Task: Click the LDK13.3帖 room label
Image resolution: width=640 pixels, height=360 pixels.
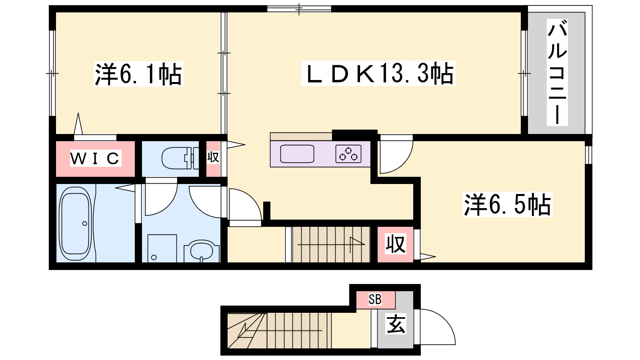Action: click(x=378, y=74)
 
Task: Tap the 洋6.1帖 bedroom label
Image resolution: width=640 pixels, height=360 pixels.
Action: click(x=138, y=74)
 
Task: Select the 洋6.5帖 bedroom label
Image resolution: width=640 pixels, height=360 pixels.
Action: click(x=508, y=204)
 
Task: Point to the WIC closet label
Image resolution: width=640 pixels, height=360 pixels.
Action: click(x=95, y=158)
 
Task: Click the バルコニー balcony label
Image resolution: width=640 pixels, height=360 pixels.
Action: click(x=557, y=72)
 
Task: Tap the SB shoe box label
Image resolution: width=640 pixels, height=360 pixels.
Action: click(x=375, y=299)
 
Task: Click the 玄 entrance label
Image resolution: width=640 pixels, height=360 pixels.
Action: click(x=396, y=324)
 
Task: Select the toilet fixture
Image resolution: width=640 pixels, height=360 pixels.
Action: click(x=180, y=158)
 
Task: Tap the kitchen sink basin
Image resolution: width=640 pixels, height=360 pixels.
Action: click(x=297, y=154)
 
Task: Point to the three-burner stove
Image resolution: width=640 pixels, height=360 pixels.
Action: click(x=348, y=154)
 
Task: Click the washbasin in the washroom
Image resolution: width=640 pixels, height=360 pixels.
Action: click(x=202, y=251)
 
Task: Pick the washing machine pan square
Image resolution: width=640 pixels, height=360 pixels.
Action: click(x=162, y=248)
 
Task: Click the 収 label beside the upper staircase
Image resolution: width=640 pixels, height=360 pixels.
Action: click(x=396, y=244)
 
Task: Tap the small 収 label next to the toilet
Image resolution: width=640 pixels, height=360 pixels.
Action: click(x=213, y=157)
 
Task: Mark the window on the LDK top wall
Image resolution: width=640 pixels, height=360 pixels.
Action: click(x=299, y=9)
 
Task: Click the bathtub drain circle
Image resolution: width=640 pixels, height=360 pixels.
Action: click(x=84, y=224)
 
